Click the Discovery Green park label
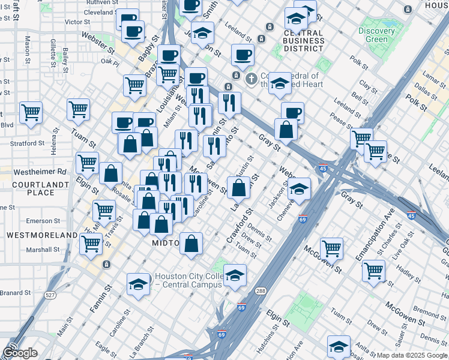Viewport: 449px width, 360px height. pyautogui.click(x=376, y=35)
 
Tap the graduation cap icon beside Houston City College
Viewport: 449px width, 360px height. pyautogui.click(x=138, y=284)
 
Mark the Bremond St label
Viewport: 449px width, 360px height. pyautogui.click(x=430, y=313)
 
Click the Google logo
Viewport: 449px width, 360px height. pyautogui.click(x=20, y=353)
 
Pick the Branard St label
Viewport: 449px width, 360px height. pyautogui.click(x=15, y=293)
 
